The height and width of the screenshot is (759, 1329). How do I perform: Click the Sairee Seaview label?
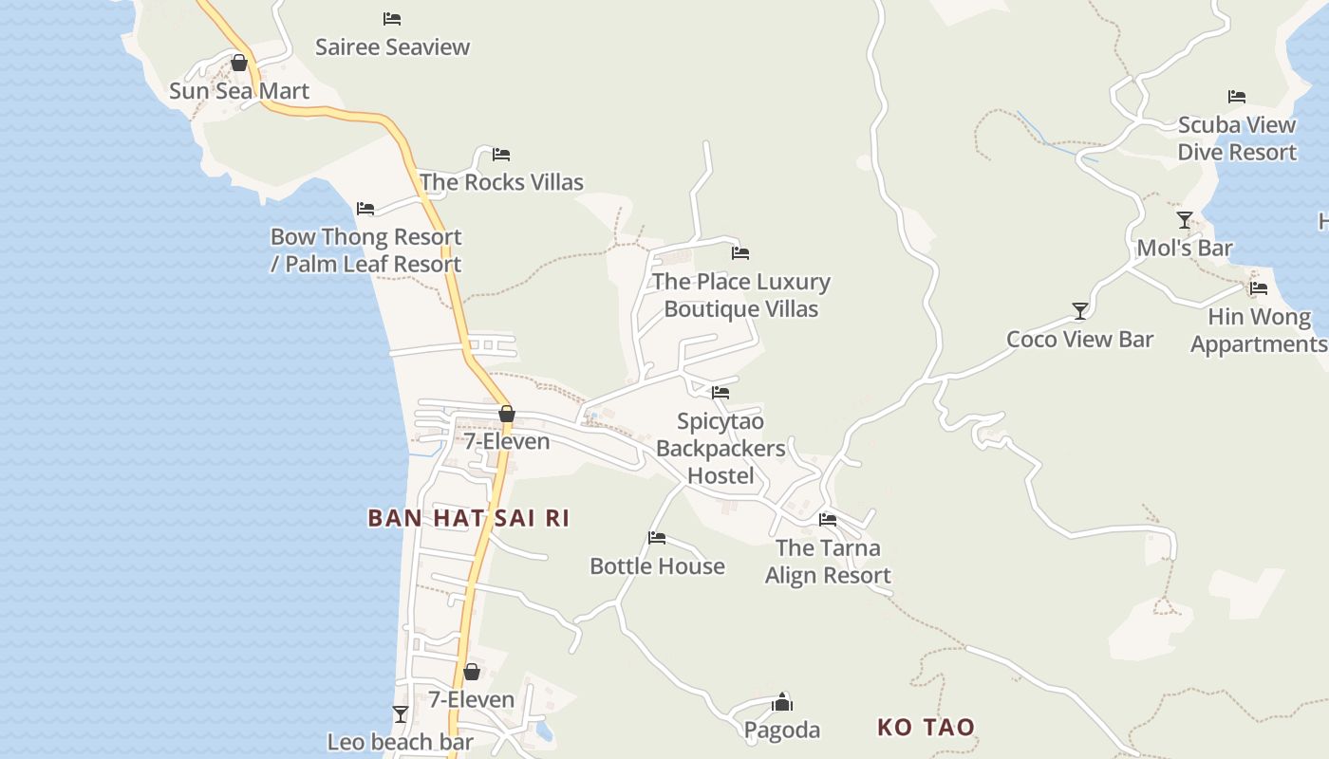pyautogui.click(x=392, y=46)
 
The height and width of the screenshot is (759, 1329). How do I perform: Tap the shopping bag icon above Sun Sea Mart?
pyautogui.click(x=239, y=63)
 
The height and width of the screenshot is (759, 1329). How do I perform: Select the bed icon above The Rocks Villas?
pyautogui.click(x=501, y=154)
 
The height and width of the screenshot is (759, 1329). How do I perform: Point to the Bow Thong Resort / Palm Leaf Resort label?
pyautogui.click(x=366, y=250)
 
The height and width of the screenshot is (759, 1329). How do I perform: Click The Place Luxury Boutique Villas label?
pyautogui.click(x=740, y=295)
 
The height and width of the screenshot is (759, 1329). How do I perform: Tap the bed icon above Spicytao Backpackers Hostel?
pyautogui.click(x=721, y=392)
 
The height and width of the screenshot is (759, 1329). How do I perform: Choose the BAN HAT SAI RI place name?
pyautogui.click(x=468, y=518)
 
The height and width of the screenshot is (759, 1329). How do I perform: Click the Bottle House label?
pyautogui.click(x=657, y=566)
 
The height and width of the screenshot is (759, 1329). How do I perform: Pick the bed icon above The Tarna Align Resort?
pyautogui.click(x=828, y=519)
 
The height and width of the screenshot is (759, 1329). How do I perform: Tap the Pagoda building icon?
pyautogui.click(x=782, y=702)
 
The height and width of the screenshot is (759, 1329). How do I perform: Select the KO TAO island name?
pyautogui.click(x=926, y=728)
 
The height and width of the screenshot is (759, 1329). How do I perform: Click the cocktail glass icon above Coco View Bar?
pyautogui.click(x=1080, y=310)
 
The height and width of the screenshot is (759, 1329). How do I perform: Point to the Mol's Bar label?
pyautogui.click(x=1185, y=249)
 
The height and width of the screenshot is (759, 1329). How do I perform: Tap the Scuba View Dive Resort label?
pyautogui.click(x=1237, y=139)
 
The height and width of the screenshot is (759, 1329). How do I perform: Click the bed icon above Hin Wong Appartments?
pyautogui.click(x=1259, y=288)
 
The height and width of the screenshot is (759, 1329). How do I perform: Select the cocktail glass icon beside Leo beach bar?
pyautogui.click(x=401, y=713)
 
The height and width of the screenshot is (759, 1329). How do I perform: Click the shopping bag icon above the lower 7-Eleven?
pyautogui.click(x=472, y=672)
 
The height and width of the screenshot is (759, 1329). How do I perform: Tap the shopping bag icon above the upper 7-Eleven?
pyautogui.click(x=507, y=414)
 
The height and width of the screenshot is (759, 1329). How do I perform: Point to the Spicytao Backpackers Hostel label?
pyautogui.click(x=721, y=448)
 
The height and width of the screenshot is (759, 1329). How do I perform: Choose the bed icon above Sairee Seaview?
pyautogui.click(x=392, y=19)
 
